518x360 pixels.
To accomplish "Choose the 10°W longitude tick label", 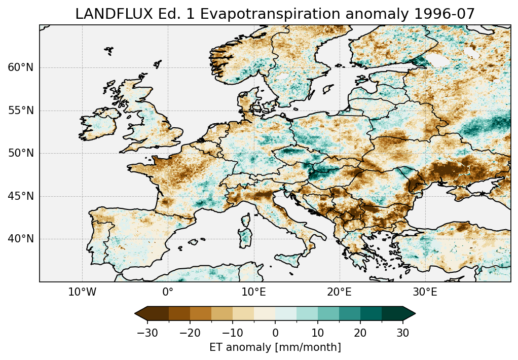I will (82, 292).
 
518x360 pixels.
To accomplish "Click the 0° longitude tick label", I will (168, 292).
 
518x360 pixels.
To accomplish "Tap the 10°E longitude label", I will (253, 292).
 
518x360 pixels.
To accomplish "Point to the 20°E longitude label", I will (339, 292).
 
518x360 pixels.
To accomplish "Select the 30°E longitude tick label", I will (425, 292).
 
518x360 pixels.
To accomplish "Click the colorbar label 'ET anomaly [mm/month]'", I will (275, 347).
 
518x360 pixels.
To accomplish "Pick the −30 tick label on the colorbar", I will (147, 333).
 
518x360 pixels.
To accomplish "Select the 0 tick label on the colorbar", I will (275, 333).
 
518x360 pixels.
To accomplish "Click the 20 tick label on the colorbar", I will (360, 333).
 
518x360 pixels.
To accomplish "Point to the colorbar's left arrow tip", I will (135, 313).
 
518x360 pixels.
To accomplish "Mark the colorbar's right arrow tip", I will (415, 313).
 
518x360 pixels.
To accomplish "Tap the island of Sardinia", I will (246, 236).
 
